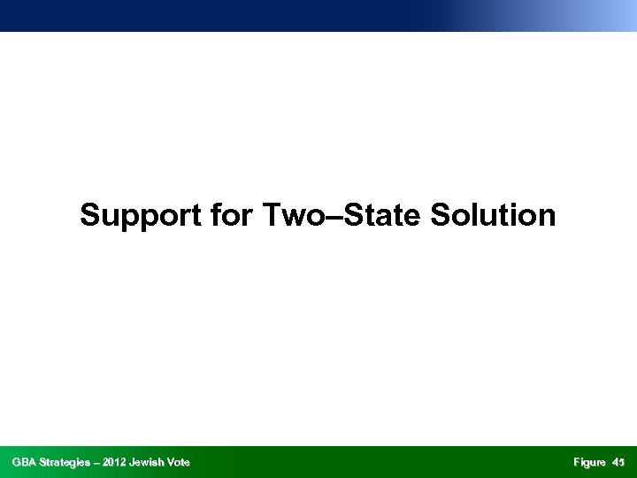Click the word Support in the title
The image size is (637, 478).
pos(140,215)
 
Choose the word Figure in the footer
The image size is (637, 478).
pos(589,462)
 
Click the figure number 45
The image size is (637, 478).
pos(618,462)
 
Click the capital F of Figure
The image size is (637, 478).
pos(576,462)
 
